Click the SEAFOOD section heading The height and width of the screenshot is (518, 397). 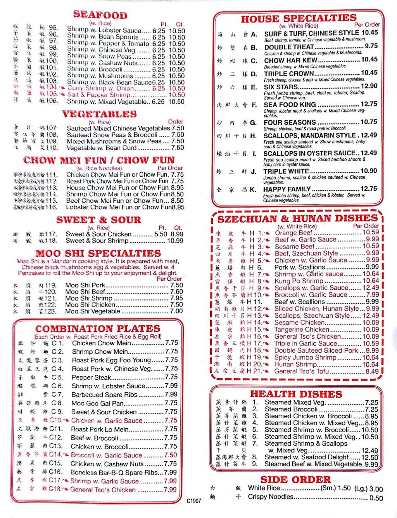[x=100, y=15]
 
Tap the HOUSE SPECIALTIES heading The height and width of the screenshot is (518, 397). [x=298, y=18]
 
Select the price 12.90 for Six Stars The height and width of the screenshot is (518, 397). [x=369, y=86]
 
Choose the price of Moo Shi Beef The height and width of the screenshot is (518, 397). [x=176, y=292]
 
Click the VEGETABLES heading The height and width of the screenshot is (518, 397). [x=99, y=114]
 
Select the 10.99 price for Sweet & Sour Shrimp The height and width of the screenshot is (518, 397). [x=175, y=241]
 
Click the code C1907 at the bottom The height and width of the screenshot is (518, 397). [x=194, y=501]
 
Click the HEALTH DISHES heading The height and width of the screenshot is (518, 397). [x=296, y=394]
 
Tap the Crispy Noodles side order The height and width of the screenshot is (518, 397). [x=271, y=497]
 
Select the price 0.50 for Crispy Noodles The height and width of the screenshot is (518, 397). [x=376, y=497]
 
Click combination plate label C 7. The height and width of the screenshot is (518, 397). [x=57, y=395]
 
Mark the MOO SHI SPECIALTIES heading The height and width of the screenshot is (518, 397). [x=98, y=253]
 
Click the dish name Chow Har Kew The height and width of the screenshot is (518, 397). [x=290, y=60]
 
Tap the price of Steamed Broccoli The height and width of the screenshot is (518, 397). [x=371, y=409]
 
